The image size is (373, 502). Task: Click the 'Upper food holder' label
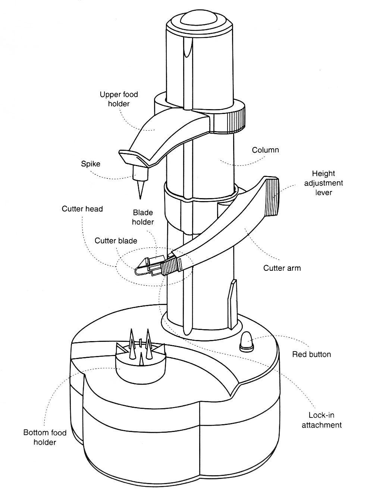click(119, 99)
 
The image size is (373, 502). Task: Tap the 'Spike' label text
click(91, 163)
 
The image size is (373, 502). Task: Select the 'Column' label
click(265, 150)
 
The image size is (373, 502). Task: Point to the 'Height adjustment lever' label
click(323, 183)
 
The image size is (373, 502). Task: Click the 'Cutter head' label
click(82, 209)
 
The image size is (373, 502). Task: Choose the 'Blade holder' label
click(143, 217)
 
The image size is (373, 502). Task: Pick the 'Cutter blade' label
click(116, 241)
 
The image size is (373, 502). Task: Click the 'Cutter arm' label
click(282, 268)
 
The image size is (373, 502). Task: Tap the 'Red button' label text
click(311, 354)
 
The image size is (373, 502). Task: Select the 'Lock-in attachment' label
click(322, 420)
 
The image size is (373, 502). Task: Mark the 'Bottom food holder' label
click(45, 437)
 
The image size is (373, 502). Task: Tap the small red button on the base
click(246, 341)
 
